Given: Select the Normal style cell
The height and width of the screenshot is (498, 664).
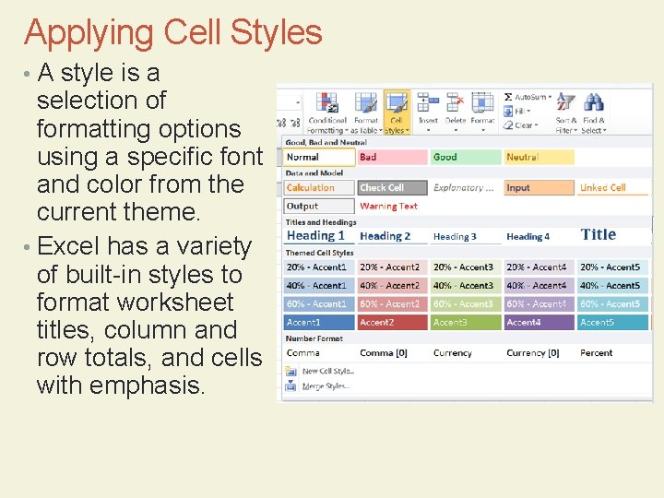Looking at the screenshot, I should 319,158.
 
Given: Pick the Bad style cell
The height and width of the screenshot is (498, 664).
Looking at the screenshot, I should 392,158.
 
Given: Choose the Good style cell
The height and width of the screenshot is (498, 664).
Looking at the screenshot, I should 465,158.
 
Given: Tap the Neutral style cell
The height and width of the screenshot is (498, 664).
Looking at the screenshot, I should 539,158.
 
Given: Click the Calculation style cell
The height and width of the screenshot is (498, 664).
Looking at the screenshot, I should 319,188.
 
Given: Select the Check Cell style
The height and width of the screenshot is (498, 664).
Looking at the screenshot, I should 392,188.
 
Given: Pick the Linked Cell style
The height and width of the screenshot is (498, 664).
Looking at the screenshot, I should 612,188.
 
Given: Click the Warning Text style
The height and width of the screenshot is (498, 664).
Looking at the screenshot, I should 392,207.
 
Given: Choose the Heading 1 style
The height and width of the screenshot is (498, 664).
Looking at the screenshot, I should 319,236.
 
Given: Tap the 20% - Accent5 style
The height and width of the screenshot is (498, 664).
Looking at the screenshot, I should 612,267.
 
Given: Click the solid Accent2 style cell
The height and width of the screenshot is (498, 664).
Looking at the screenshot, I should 392,323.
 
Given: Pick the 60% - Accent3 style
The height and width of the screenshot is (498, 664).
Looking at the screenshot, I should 465,304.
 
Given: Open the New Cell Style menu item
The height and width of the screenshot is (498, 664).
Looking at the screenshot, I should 327,372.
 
